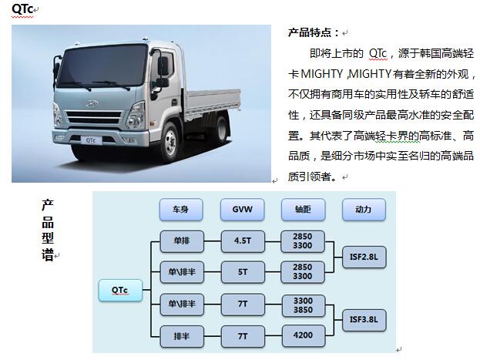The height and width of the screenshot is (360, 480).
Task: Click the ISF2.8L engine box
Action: point(364,257)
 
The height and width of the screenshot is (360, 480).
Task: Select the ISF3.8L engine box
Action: point(364,320)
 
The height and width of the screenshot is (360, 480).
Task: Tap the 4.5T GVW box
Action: point(243,241)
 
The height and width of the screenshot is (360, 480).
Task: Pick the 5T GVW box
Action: point(243,272)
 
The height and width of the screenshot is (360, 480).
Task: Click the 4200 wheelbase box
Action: point(303,336)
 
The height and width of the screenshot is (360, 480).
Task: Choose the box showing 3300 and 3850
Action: point(303,305)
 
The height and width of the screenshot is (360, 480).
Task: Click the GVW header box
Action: point(242,210)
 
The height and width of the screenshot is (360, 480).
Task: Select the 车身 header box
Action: point(181,210)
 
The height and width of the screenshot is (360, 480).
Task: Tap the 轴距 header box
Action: point(303,210)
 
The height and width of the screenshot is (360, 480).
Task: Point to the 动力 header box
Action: point(364,210)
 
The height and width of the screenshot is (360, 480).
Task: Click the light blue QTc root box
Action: point(120,290)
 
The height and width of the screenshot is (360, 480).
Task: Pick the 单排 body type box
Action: point(182,241)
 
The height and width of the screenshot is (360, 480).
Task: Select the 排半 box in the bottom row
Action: point(182,336)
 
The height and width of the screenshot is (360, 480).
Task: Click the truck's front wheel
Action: point(170,143)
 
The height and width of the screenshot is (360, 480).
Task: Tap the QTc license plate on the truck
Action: point(91,140)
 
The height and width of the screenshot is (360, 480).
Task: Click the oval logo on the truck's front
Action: point(92,104)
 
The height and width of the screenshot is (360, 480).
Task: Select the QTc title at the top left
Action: point(22,9)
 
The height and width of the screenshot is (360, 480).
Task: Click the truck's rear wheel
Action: point(222,127)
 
